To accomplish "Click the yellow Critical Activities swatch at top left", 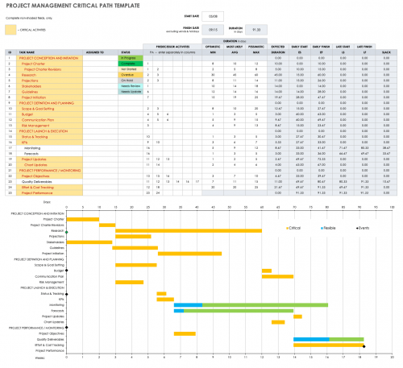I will [10, 30].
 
